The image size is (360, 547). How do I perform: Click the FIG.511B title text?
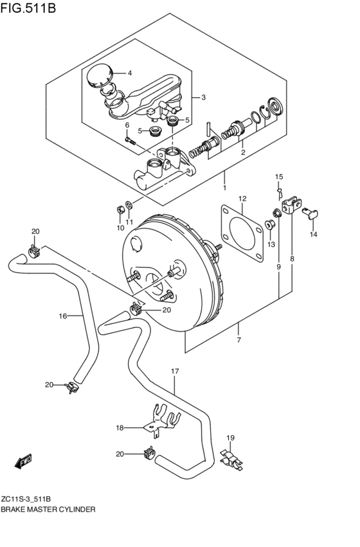[x=28, y=8]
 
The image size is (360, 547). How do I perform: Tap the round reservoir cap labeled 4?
[x=99, y=75]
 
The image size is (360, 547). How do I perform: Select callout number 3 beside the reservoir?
[x=203, y=97]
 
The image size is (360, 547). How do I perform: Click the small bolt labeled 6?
[x=130, y=141]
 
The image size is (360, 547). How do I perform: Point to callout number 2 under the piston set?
[x=243, y=152]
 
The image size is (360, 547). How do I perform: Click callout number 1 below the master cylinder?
[x=224, y=188]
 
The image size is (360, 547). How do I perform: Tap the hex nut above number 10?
[x=120, y=210]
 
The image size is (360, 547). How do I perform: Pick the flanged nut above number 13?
[x=269, y=225]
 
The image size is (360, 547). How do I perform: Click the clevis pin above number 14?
[x=310, y=213]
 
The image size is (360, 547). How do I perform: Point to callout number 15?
[x=279, y=177]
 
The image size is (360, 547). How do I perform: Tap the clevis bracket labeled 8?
[x=291, y=206]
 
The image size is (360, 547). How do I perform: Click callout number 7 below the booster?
[x=239, y=340]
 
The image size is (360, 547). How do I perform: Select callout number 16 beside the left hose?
[x=62, y=316]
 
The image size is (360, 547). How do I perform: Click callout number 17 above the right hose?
[x=175, y=371]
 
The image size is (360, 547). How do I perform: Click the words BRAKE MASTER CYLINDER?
[x=48, y=510]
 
